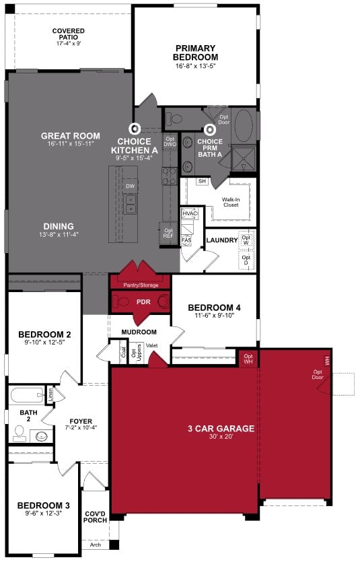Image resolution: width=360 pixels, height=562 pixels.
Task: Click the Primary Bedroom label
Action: tap(195, 52)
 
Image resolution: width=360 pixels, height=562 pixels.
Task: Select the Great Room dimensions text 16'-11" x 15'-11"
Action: tap(71, 143)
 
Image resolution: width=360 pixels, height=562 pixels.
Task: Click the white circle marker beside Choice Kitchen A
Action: tap(135, 127)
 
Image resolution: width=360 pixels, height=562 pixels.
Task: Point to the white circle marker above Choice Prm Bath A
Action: tap(210, 129)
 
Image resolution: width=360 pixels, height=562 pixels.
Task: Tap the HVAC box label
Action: tap(190, 213)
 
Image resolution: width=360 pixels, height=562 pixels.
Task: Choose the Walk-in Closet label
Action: tap(231, 202)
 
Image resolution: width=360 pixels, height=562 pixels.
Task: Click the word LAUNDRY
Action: tap(222, 240)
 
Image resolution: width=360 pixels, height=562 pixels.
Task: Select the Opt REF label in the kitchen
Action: tap(168, 232)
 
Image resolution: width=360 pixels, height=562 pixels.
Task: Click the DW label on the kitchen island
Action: tap(131, 186)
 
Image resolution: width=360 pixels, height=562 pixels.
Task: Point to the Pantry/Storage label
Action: tap(141, 285)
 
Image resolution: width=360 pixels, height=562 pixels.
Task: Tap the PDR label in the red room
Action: tap(143, 302)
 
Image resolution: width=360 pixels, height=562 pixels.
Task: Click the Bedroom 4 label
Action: tap(214, 308)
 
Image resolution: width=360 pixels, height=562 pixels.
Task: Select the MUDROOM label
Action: tap(139, 332)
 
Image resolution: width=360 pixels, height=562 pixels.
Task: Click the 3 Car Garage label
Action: tap(221, 428)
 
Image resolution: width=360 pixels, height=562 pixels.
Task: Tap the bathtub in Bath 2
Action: tap(27, 395)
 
